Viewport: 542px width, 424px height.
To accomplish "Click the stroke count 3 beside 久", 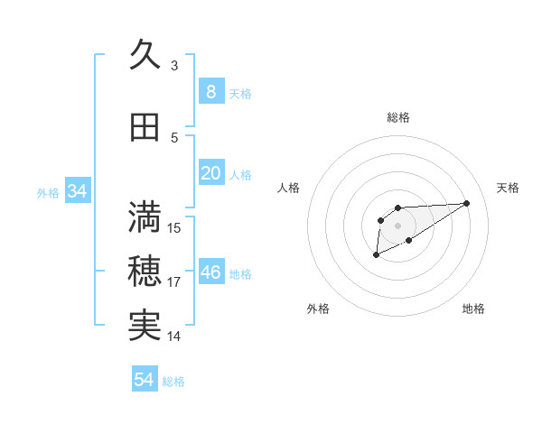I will click(174, 66).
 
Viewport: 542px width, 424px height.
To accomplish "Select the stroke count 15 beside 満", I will click(175, 228).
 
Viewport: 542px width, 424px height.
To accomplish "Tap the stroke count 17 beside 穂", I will click(175, 282).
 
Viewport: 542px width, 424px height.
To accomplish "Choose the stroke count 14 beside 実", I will click(175, 336).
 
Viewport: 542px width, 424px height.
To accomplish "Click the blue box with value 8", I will click(210, 91).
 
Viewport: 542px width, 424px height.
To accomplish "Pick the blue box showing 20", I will click(210, 173).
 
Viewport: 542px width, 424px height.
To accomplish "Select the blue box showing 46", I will click(210, 272).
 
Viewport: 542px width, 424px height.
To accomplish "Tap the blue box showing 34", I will click(77, 191).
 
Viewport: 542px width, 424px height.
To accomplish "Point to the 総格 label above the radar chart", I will click(398, 117).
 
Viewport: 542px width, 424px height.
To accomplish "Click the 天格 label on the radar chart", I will click(509, 188).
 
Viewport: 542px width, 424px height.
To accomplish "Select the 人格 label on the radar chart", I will click(289, 188).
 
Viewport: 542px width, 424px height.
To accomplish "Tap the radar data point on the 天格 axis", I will click(467, 202).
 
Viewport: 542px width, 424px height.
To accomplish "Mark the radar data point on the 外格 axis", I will click(377, 255).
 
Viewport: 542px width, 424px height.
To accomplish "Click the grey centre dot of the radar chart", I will click(398, 225).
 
